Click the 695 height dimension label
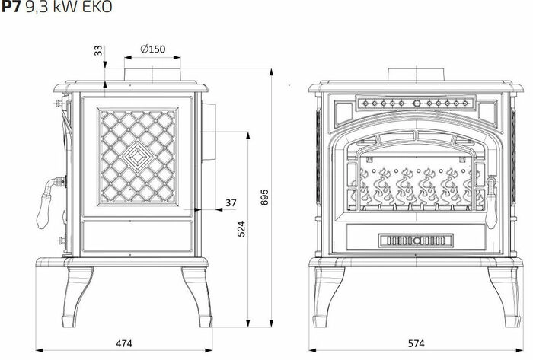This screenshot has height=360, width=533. click(264, 197)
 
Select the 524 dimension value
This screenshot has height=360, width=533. click(241, 229)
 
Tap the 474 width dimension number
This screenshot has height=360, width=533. click(124, 343)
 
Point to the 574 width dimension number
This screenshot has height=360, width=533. click(416, 343)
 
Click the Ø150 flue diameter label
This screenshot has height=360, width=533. click(153, 49)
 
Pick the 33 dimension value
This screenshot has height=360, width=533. click(98, 51)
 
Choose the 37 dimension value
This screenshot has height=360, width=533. click(231, 202)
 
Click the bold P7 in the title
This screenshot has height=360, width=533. click(11, 7)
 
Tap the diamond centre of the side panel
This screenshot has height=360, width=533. click(138, 157)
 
